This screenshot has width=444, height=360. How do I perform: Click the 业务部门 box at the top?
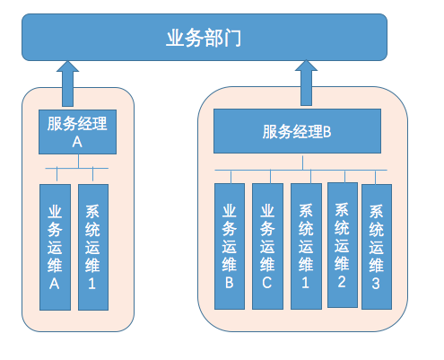coord(205,37)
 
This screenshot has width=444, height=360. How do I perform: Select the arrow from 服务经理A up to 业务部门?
coord(67,83)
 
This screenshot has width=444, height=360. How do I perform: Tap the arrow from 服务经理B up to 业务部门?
coord(306,83)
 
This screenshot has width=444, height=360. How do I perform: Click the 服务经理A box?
coord(77,132)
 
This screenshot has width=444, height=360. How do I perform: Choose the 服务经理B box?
coord(297,131)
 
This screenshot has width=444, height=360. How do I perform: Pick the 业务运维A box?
coord(55,247)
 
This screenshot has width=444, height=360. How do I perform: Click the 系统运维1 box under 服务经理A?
coord(93,247)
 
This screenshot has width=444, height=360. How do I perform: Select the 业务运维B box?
coord(230,246)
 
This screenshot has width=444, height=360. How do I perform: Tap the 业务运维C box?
coord(267,246)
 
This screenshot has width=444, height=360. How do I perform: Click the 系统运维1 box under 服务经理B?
coord(306,246)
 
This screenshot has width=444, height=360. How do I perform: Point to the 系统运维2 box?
coord(343,245)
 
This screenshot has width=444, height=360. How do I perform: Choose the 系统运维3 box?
coord(377,247)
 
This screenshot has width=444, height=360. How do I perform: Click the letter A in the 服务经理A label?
coord(77,142)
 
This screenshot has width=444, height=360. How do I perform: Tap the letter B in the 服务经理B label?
coord(327,132)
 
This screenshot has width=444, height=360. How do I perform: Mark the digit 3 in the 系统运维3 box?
coord(376,284)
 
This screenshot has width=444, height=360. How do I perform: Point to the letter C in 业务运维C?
coord(267,283)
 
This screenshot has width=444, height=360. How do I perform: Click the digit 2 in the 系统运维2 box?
coord(342,282)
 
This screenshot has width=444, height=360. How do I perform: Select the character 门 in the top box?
coord(232,38)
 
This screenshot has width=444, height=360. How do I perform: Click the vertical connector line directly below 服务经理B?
coord(302,162)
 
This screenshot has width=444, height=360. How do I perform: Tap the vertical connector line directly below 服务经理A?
coord(78,162)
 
